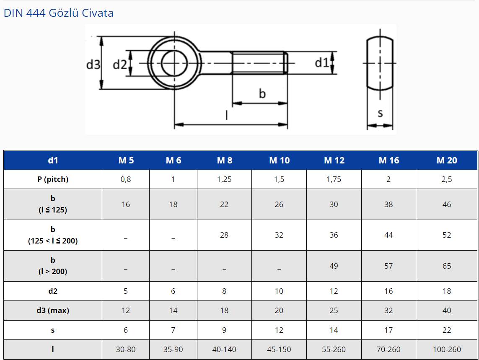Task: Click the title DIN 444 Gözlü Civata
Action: click(59, 13)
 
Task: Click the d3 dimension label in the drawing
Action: click(93, 65)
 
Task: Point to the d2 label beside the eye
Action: click(120, 65)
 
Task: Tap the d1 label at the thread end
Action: click(322, 62)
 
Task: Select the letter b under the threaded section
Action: click(262, 93)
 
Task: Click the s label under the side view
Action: click(380, 114)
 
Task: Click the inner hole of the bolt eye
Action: click(174, 63)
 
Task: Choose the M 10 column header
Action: click(279, 161)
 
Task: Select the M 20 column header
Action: click(447, 161)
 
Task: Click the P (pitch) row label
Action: click(53, 179)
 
